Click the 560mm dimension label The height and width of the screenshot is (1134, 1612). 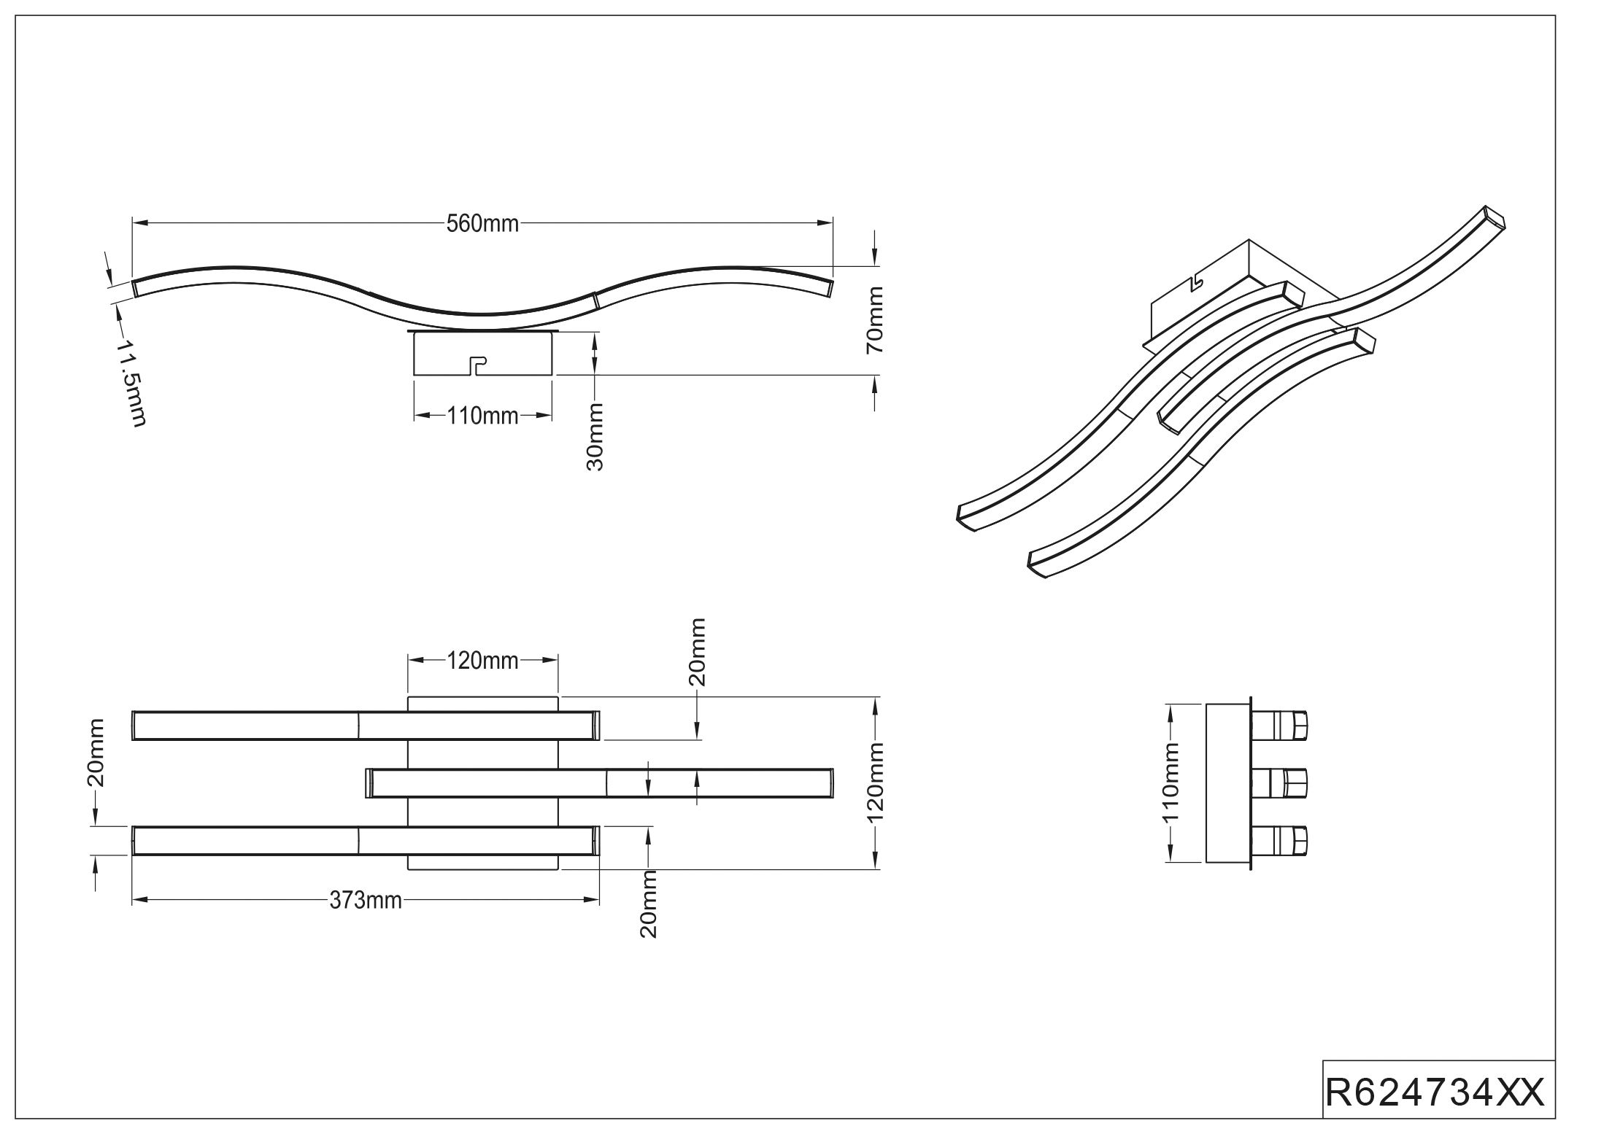click(x=482, y=223)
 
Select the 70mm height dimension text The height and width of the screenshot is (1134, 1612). click(x=875, y=320)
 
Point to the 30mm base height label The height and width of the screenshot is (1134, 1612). click(x=595, y=437)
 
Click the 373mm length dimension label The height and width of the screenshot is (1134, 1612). click(x=366, y=901)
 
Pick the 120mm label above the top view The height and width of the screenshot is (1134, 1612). click(x=482, y=661)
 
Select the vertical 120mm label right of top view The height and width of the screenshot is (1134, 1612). click(x=875, y=782)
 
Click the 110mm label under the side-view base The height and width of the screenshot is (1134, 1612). click(x=482, y=416)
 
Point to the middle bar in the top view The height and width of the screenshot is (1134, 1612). click(x=599, y=782)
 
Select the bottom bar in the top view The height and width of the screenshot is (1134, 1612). click(x=366, y=840)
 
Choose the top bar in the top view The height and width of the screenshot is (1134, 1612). click(x=366, y=726)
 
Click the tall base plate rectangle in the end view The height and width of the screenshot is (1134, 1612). click(x=1229, y=782)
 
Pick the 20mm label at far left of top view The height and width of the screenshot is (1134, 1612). click(x=96, y=753)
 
